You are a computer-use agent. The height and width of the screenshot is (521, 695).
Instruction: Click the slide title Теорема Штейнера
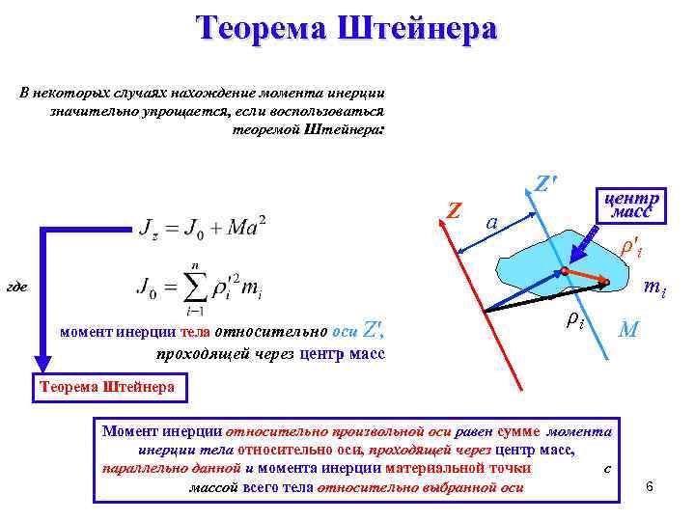pos(347,29)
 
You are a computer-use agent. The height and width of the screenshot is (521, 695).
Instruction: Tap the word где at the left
pos(15,288)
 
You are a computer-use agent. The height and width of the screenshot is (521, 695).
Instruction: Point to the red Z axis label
pos(455,209)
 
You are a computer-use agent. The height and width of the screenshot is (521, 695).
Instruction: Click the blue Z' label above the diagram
pos(547,182)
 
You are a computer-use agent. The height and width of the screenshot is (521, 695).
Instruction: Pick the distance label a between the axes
pos(492,222)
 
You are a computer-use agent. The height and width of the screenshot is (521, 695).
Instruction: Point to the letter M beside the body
pos(627,330)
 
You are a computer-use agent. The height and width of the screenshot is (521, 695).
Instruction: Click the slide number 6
pos(650,484)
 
